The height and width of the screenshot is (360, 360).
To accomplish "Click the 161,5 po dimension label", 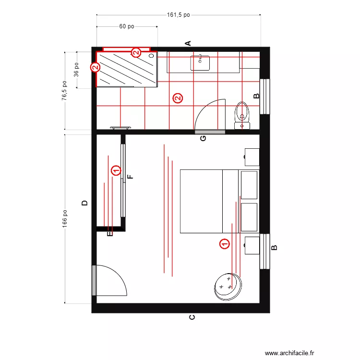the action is (178, 15).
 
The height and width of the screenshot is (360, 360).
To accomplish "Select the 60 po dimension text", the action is (127, 26).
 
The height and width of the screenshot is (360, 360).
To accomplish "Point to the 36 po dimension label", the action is (76, 70).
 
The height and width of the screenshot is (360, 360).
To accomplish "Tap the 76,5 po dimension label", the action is (64, 90).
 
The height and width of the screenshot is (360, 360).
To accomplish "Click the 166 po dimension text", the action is (64, 219).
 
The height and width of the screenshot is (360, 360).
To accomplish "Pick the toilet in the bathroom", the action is (242, 116).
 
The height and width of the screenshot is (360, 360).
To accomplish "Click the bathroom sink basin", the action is (200, 63).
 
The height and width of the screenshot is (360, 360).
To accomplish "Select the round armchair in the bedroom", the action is (228, 287).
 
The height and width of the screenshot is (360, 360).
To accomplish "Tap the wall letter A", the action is (188, 43).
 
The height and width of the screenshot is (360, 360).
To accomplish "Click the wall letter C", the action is (192, 317).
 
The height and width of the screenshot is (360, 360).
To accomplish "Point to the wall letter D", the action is (84, 203).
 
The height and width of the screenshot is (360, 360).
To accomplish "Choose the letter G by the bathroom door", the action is (203, 138).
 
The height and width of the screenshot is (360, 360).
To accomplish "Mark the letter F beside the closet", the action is (130, 177).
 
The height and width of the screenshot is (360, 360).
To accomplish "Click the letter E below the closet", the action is (110, 234).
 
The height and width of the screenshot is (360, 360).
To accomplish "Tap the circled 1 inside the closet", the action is (116, 170).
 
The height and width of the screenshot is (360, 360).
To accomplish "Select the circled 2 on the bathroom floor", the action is (178, 98).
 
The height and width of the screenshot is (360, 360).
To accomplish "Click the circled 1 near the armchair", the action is (225, 243).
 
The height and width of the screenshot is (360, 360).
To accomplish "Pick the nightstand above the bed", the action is (252, 157).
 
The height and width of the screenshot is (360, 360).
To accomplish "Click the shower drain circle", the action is (152, 56).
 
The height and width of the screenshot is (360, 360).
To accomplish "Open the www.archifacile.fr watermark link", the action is (289, 353).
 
